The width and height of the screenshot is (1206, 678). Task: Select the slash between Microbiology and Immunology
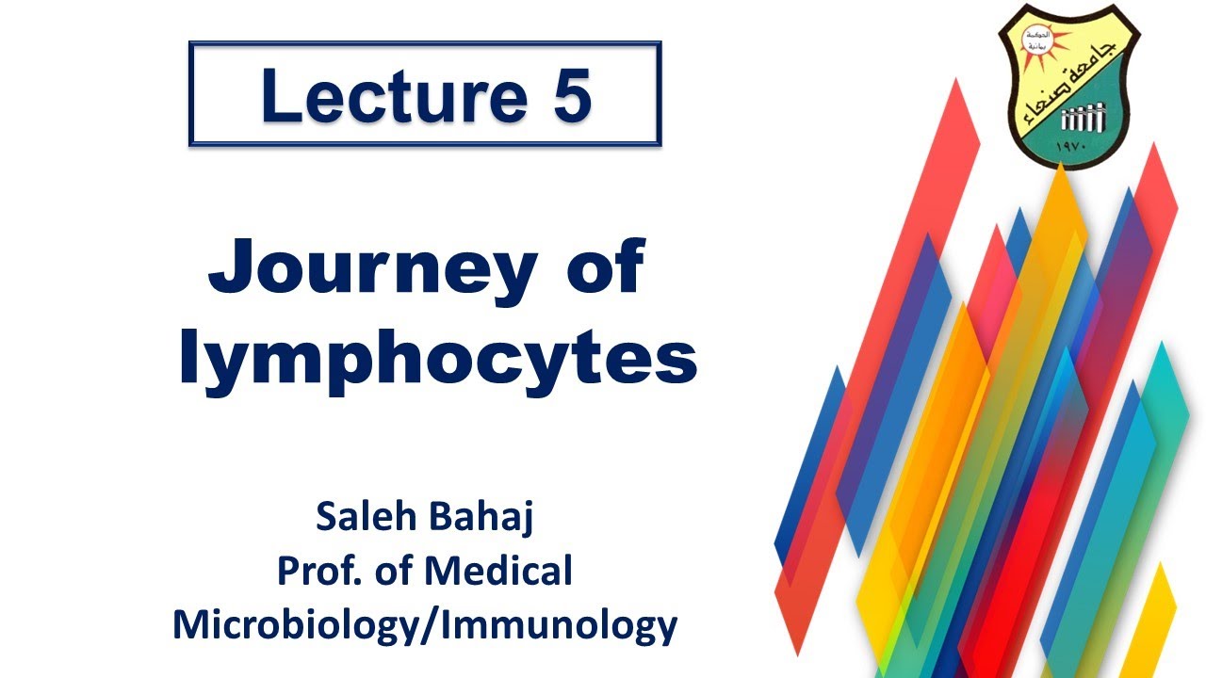(433, 625)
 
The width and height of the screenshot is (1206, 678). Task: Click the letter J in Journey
(231, 268)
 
